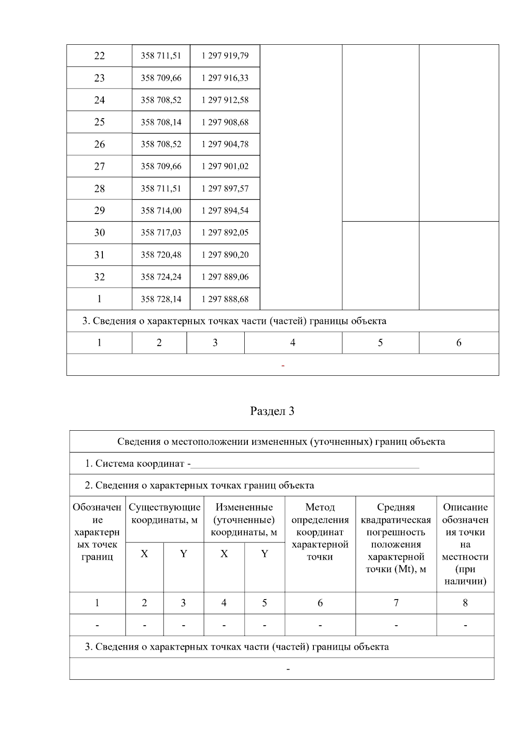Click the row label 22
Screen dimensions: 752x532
pyautogui.click(x=99, y=56)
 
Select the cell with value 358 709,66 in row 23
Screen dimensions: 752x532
pyautogui.click(x=161, y=78)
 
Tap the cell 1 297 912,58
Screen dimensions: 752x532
pyautogui.click(x=225, y=100)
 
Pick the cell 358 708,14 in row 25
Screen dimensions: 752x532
pyautogui.click(x=161, y=122)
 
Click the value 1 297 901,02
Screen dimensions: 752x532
pyautogui.click(x=225, y=167)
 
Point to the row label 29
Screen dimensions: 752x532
pyautogui.click(x=99, y=211)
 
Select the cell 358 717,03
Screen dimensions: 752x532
pyautogui.click(x=161, y=233)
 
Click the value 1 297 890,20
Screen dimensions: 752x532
pyautogui.click(x=225, y=255)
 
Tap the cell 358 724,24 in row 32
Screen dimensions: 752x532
pyautogui.click(x=161, y=277)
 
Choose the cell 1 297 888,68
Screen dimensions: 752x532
pyautogui.click(x=225, y=300)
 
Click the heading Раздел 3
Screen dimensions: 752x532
pyautogui.click(x=272, y=411)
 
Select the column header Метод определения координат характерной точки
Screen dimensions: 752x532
pyautogui.click(x=320, y=532)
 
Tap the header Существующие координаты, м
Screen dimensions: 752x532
pyautogui.click(x=164, y=514)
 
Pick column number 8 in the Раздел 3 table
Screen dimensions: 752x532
pyautogui.click(x=465, y=603)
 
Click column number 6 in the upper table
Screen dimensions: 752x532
pyautogui.click(x=458, y=343)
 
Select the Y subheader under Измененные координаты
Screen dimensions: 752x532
pyautogui.click(x=264, y=554)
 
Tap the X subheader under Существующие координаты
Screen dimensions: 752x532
pyautogui.click(x=145, y=554)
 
